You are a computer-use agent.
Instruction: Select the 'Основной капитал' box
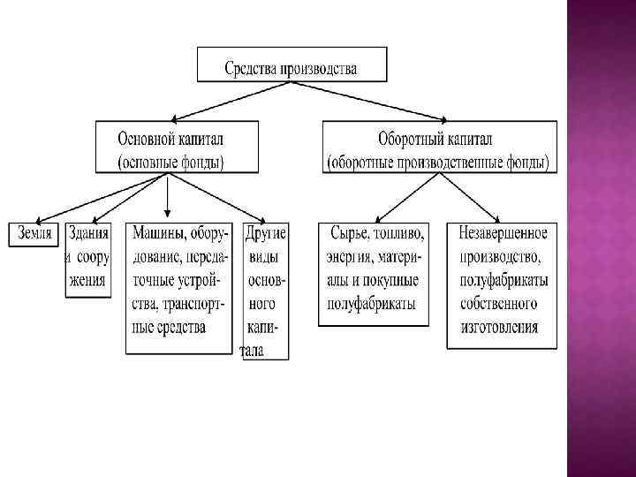[177, 148]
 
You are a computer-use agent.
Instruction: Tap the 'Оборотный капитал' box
[438, 148]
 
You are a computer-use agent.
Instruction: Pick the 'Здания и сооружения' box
[87, 257]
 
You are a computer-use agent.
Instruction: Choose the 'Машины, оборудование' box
[179, 279]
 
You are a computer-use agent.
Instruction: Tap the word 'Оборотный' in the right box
[409, 139]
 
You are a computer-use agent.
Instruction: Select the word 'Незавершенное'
[503, 234]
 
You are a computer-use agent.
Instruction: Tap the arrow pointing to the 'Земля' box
[97, 196]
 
